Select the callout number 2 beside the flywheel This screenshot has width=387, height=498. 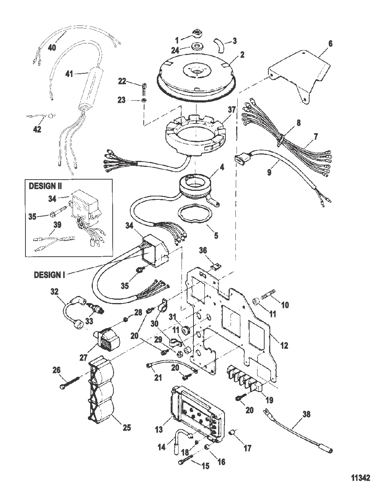coord(242,55)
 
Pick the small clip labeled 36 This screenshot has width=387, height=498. coord(216,267)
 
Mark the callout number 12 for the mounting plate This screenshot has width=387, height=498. coord(284,345)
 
